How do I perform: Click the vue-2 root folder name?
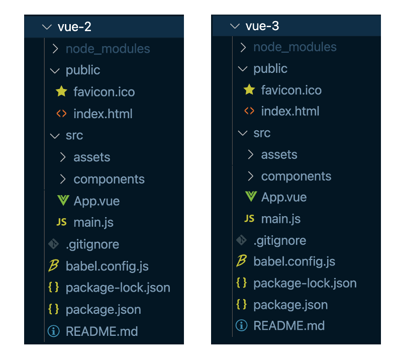pos(74,27)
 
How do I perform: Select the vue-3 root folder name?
pos(262,26)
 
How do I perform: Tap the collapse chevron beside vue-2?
pos(47,27)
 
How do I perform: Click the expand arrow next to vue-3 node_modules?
pos(243,47)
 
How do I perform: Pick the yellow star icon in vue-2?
pos(61,91)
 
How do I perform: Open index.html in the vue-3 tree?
pos(290,111)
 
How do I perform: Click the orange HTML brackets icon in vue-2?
pos(61,113)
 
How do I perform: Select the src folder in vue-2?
pos(74,135)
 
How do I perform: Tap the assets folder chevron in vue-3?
pos(250,154)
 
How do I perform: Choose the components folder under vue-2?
pos(109,179)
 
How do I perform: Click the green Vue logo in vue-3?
pos(251,196)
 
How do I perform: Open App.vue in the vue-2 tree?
pos(96,201)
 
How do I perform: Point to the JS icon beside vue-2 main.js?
pos(61,222)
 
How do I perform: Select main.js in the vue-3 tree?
pos(281,219)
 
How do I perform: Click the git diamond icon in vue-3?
pos(241,240)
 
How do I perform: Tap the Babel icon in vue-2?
pos(53,265)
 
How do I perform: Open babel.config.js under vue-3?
pos(294,262)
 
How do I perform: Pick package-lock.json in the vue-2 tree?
pos(118,288)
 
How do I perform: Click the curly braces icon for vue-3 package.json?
pos(241,304)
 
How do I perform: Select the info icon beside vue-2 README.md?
pos(54,331)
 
